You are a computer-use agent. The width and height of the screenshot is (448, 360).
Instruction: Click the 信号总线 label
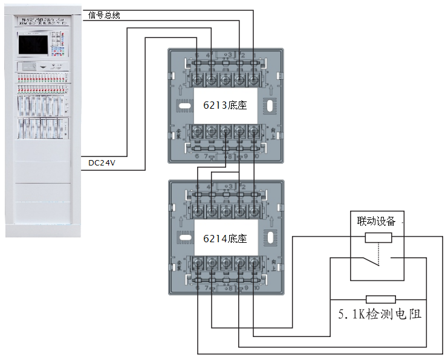point(104,15)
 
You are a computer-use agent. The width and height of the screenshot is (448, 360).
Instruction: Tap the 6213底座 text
point(225,105)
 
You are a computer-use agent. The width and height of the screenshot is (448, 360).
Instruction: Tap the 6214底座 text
point(225,239)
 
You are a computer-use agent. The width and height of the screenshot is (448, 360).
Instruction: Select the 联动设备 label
point(376,221)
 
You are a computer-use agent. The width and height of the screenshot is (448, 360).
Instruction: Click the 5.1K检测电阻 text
point(379,314)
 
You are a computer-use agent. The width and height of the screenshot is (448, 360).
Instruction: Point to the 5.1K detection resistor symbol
point(381,299)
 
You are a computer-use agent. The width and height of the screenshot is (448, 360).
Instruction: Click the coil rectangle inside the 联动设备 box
point(378,237)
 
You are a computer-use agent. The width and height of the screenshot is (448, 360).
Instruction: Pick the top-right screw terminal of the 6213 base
point(253,79)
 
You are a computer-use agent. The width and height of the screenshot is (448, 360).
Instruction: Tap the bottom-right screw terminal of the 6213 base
point(253,131)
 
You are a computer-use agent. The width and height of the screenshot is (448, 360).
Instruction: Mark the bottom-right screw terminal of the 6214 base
point(253,263)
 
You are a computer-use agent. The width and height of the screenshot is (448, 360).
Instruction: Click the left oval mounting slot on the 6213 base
point(182,105)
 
